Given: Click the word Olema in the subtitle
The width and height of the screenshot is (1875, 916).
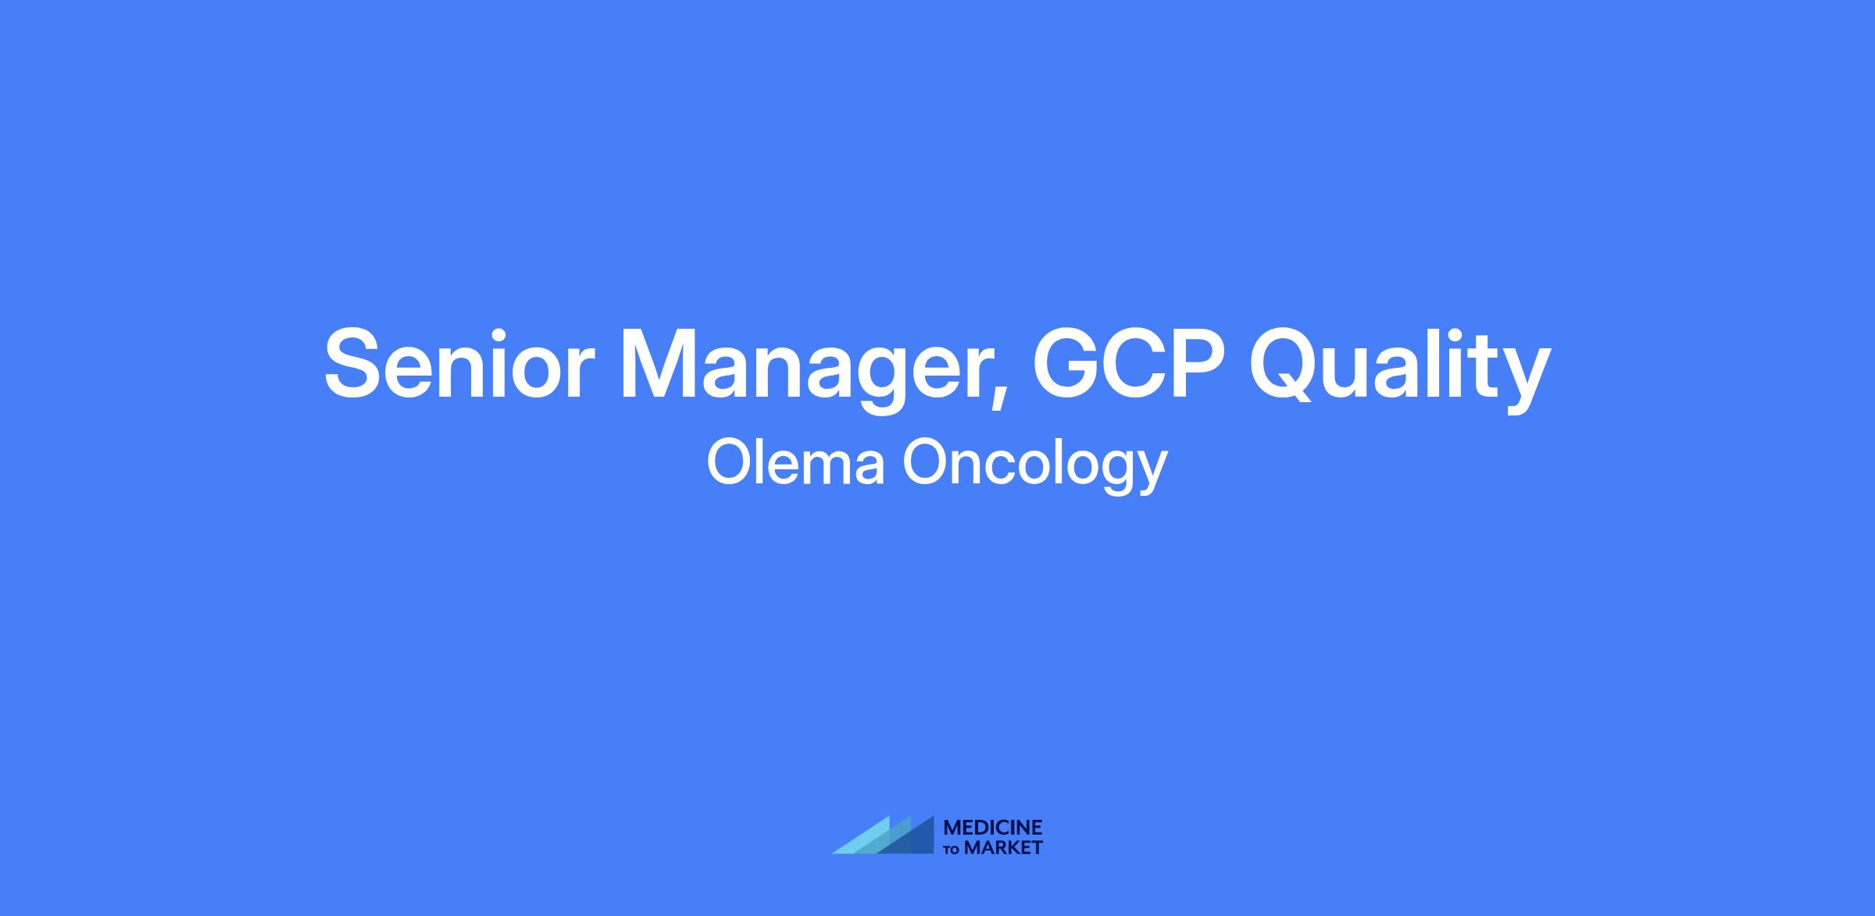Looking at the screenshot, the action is coord(796,463).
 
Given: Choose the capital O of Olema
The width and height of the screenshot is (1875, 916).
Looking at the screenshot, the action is coord(730,463).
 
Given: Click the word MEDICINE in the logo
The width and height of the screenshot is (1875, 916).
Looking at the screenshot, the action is coord(993,829).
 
